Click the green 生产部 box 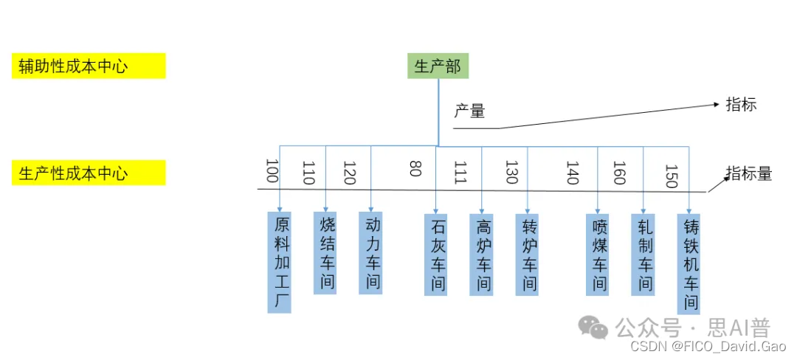pyautogui.click(x=438, y=66)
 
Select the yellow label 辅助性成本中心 pyautogui.click(x=89, y=66)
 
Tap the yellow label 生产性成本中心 pyautogui.click(x=89, y=173)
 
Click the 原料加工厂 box pyautogui.click(x=280, y=262)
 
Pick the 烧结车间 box pyautogui.click(x=325, y=253)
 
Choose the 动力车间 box pyautogui.click(x=370, y=253)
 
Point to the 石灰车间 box pyautogui.click(x=436, y=255)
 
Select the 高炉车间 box pyautogui.click(x=481, y=255)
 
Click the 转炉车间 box pyautogui.click(x=527, y=255)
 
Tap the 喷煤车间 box pyautogui.click(x=597, y=255)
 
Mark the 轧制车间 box pyautogui.click(x=643, y=255)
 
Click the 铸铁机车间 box pyautogui.click(x=689, y=263)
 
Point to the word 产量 pyautogui.click(x=470, y=112)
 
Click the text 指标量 pyautogui.click(x=748, y=174)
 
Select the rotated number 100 pyautogui.click(x=272, y=171)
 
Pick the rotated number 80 pyautogui.click(x=415, y=169)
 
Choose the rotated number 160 pyautogui.click(x=618, y=173)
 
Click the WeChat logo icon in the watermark pyautogui.click(x=593, y=327)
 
